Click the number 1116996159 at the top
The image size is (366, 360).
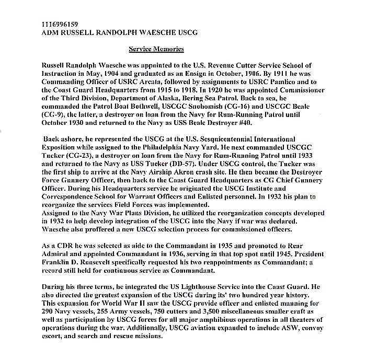pyautogui.click(x=59, y=25)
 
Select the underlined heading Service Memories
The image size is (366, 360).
pyautogui.click(x=156, y=49)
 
